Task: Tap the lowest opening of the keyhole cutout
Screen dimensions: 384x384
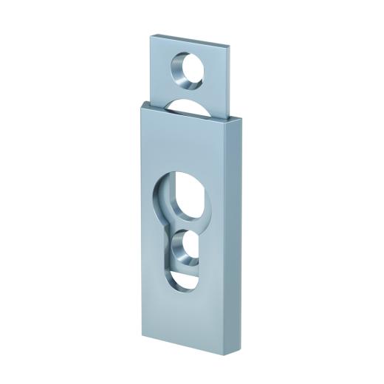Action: pyautogui.click(x=182, y=283)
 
